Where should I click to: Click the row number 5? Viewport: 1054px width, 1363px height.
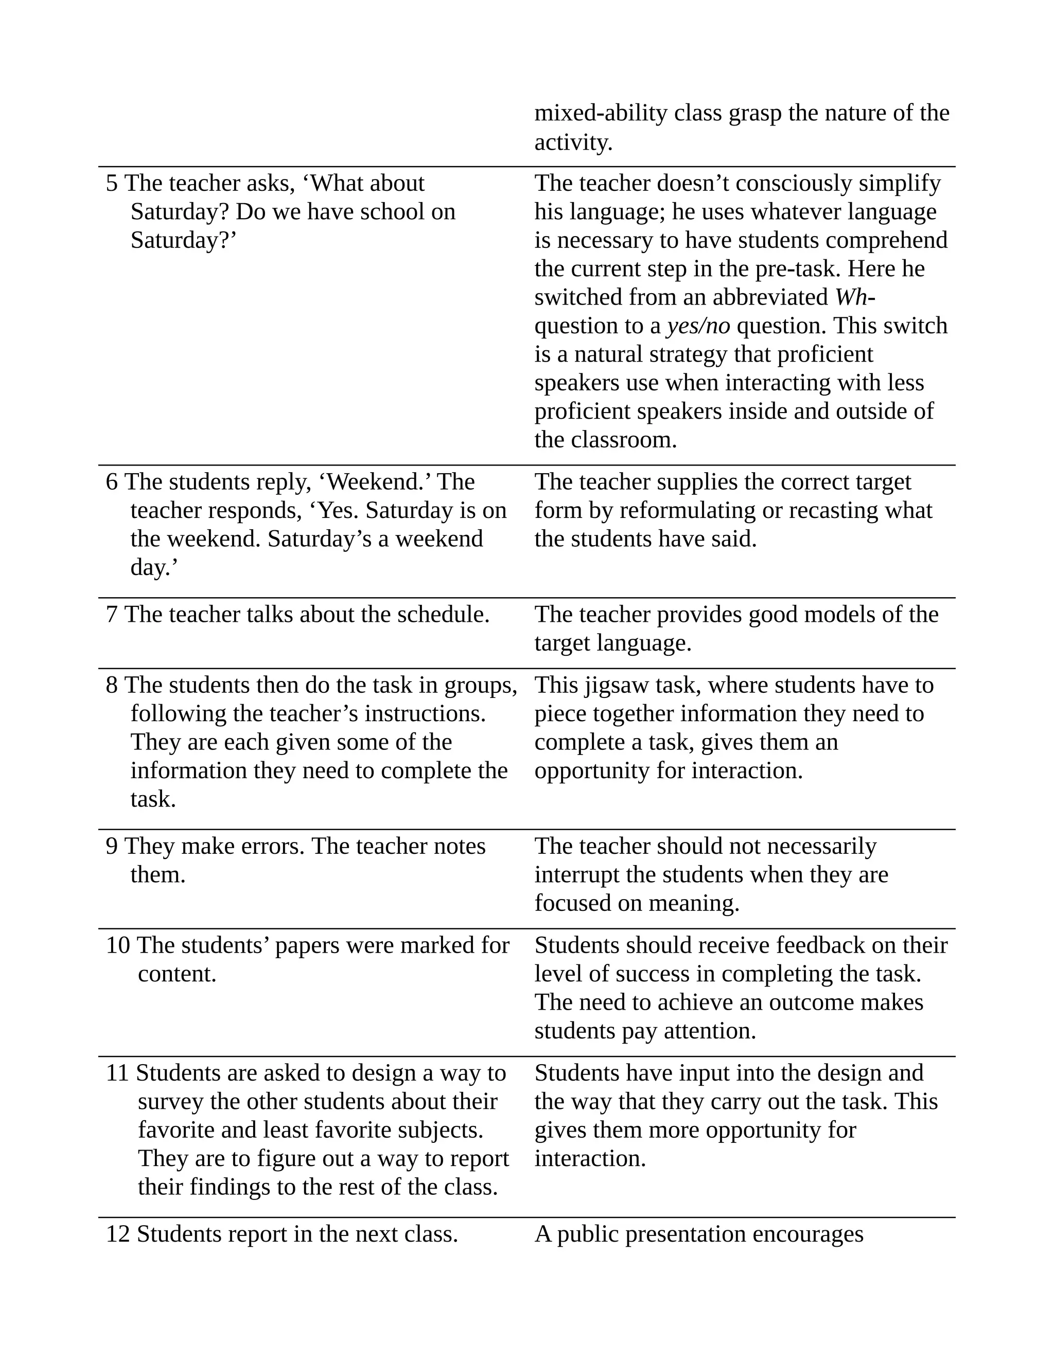click(x=112, y=184)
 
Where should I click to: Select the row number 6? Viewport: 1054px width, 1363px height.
click(x=112, y=482)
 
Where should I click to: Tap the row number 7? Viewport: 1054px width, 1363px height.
click(x=112, y=615)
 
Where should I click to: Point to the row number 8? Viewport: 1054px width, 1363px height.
click(x=112, y=685)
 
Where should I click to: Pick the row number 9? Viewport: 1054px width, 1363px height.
click(x=112, y=846)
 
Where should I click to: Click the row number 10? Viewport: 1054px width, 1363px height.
click(x=117, y=945)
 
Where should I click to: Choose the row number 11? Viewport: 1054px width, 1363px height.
click(x=117, y=1073)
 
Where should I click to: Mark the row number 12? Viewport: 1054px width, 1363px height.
click(x=117, y=1234)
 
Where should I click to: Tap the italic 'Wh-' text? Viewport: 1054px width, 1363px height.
click(x=855, y=297)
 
